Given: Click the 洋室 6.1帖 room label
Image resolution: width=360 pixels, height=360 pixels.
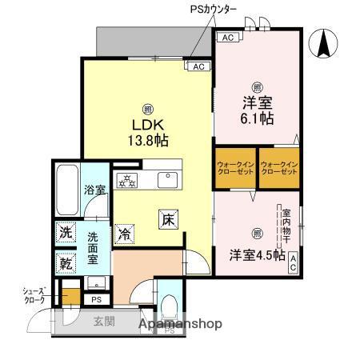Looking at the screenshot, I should (256, 109).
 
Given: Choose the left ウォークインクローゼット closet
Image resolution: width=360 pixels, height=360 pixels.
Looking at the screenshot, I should (235, 168).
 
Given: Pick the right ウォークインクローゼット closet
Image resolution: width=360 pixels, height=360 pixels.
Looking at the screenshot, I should (278, 168).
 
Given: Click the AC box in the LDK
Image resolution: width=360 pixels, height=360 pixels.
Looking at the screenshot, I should (198, 66).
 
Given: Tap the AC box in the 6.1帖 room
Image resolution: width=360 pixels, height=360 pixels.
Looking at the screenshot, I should (226, 38).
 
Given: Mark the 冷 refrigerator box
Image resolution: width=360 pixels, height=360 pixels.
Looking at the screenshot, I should (125, 234).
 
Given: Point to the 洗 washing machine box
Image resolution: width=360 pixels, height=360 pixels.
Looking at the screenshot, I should (65, 234).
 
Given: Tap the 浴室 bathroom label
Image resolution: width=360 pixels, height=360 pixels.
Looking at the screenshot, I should (96, 190).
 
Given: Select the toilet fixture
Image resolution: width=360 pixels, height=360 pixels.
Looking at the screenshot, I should (169, 306).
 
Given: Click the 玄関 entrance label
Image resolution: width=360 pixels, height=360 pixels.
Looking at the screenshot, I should (104, 322).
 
